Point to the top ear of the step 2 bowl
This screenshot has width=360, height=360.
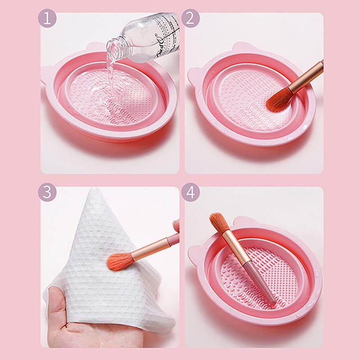[243, 47]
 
